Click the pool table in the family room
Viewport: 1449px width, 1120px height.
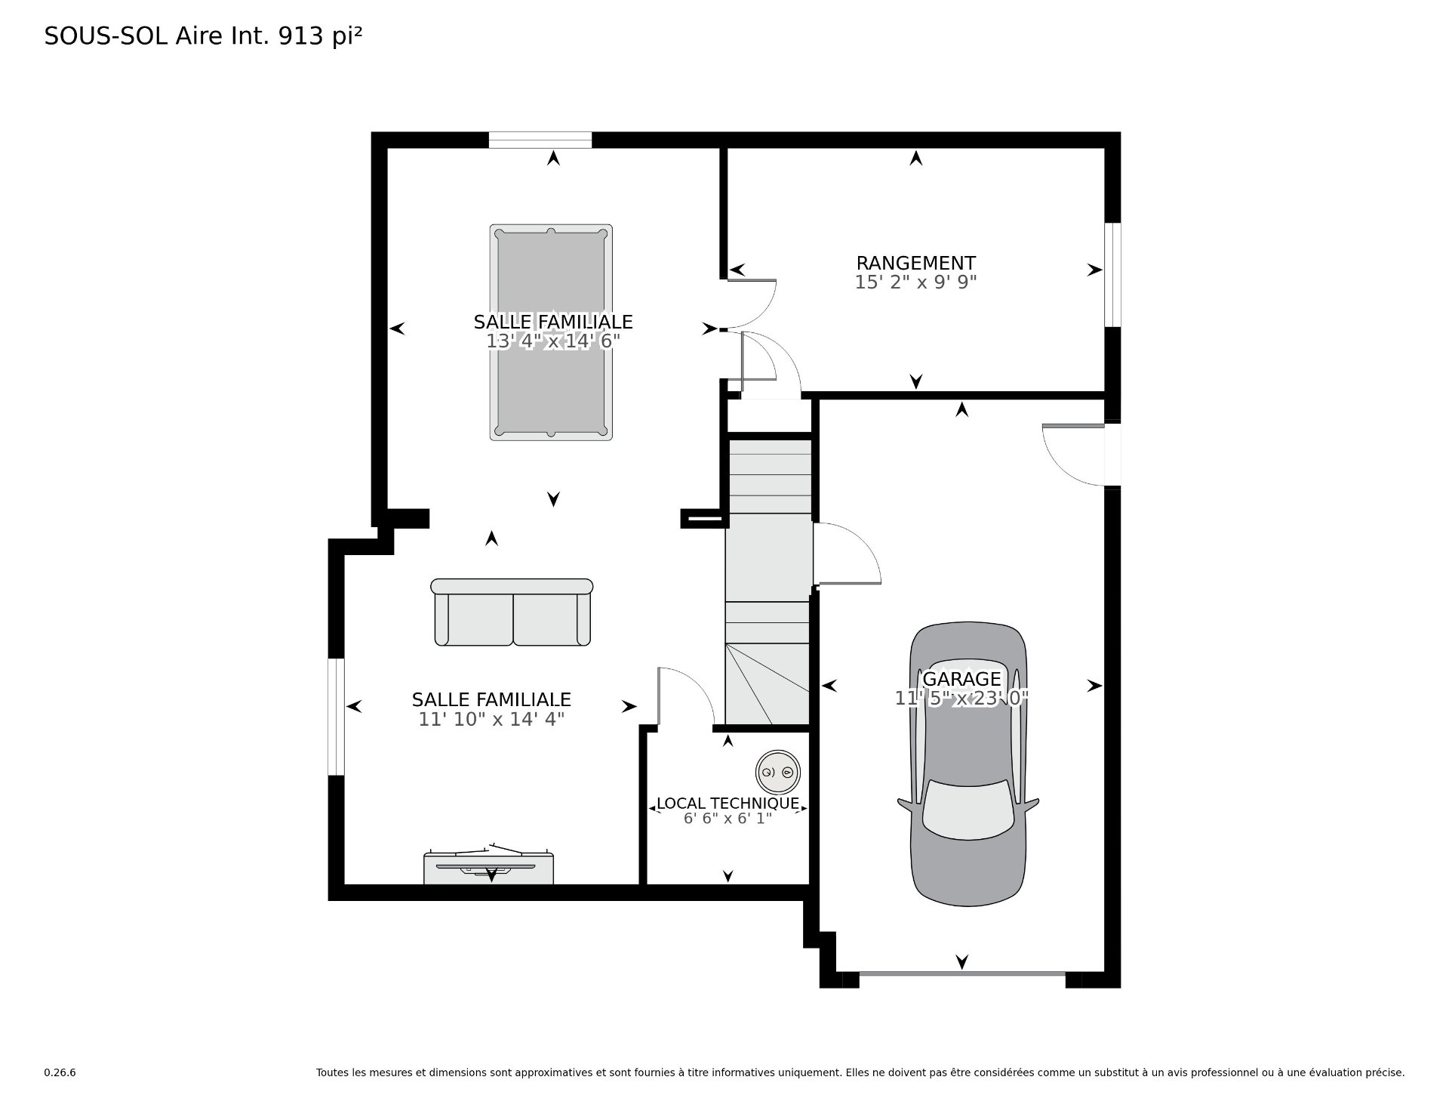[x=550, y=332]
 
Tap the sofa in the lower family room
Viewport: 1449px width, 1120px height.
[x=512, y=612]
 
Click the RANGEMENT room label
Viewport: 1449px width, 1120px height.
[x=915, y=263]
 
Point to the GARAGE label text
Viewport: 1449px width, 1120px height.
[x=961, y=679]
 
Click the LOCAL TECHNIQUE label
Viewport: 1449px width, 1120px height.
[x=728, y=804]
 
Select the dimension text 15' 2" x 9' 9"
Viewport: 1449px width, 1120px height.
[x=915, y=282]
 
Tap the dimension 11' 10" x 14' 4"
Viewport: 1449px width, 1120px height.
[x=491, y=720]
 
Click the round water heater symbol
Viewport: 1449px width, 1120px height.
[x=777, y=772]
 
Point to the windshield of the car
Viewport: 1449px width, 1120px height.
[x=968, y=810]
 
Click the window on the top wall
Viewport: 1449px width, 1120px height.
[x=540, y=140]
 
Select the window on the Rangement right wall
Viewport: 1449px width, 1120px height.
[x=1112, y=275]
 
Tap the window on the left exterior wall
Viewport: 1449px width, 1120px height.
[x=336, y=717]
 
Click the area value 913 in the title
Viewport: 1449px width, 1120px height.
[x=302, y=36]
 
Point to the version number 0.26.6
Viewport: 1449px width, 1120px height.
[x=60, y=1072]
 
